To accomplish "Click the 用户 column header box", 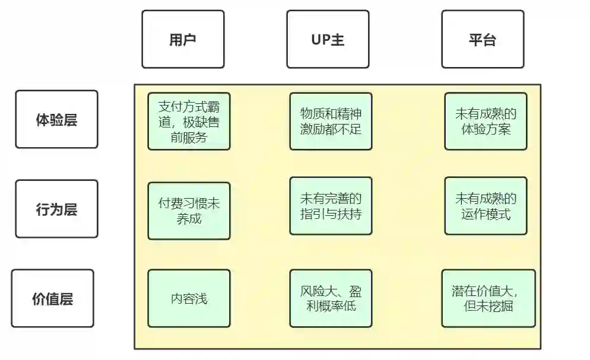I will tap(183, 39).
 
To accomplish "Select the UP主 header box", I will tap(328, 39).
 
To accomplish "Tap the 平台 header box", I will tap(482, 39).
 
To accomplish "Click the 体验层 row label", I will tap(56, 119).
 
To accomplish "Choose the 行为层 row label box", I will tap(56, 209).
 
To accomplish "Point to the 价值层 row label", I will tap(52, 298).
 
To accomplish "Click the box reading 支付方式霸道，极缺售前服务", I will tap(189, 121).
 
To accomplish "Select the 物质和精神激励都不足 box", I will tap(331, 121).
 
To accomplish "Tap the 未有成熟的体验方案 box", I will tap(486, 121).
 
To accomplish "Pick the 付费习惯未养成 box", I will tap(189, 211).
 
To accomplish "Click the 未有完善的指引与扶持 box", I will tap(331, 205).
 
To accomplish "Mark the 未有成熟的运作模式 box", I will tap(486, 205).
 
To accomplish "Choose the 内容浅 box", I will tap(189, 298).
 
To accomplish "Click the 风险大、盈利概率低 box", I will tap(331, 298).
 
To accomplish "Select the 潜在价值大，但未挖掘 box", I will tap(488, 298).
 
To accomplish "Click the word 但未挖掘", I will tap(490, 306).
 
